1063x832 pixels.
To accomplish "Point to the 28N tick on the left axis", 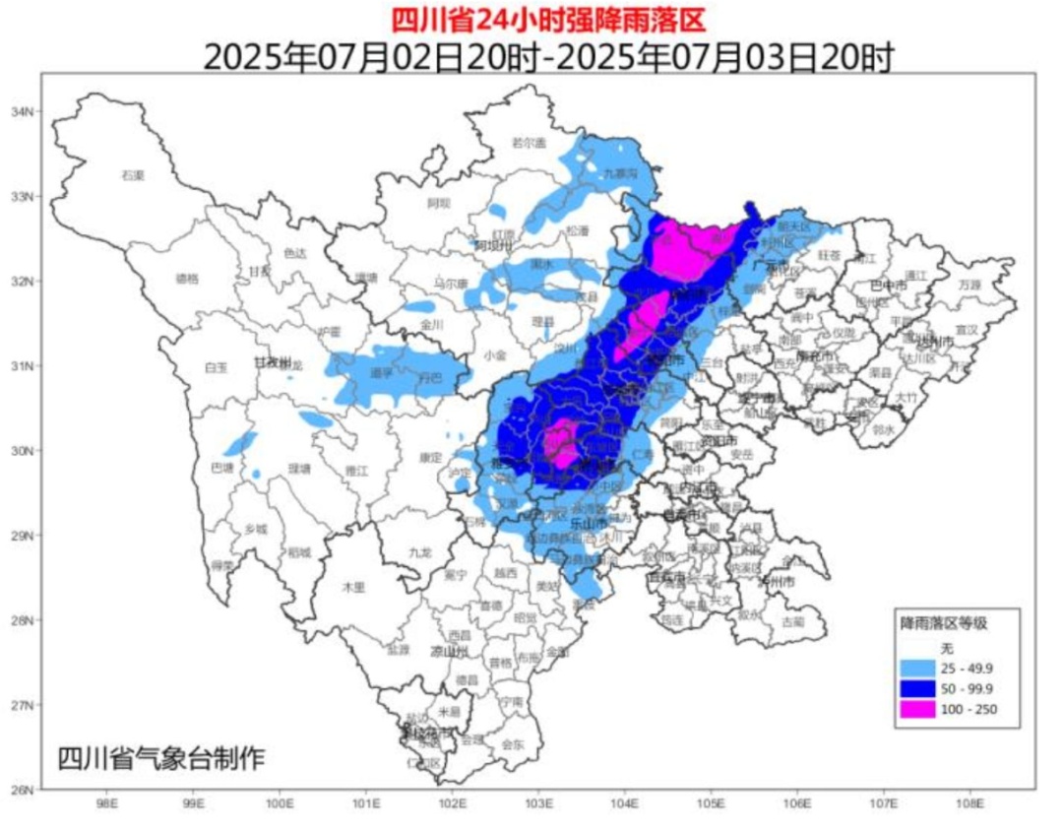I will point(23,620).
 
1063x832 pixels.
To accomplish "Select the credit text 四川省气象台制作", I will point(161,759).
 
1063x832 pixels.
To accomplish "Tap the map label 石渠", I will point(133,175).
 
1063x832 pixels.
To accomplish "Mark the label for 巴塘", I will point(223,467).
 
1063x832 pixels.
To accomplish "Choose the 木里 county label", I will point(353,587).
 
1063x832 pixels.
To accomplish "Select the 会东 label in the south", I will point(513,744).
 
